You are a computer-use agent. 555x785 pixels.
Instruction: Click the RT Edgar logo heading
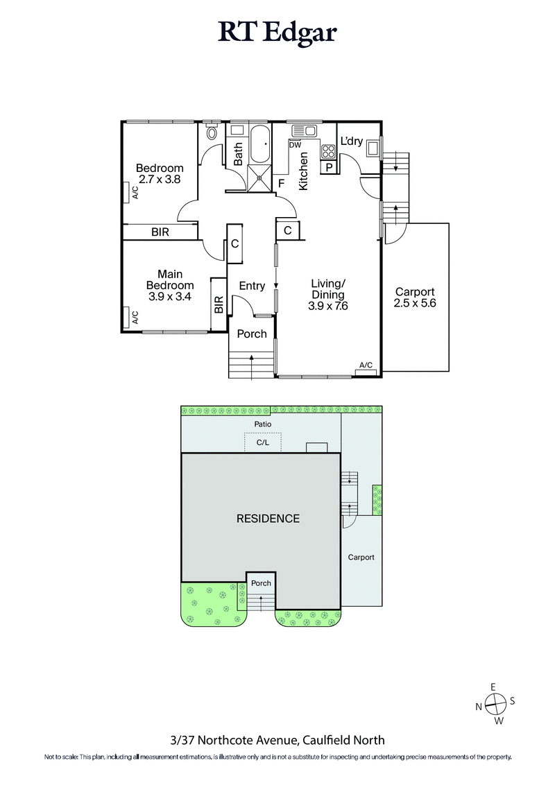pyautogui.click(x=277, y=33)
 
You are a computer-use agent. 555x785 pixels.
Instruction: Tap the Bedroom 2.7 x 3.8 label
pyautogui.click(x=160, y=173)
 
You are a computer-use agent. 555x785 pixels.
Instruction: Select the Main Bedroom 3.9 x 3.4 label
pyautogui.click(x=169, y=285)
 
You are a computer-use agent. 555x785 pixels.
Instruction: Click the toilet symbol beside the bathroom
pyautogui.click(x=213, y=131)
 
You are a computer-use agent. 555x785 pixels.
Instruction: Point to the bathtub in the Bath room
pyautogui.click(x=261, y=144)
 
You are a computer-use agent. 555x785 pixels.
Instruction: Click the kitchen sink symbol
pyautogui.click(x=304, y=130)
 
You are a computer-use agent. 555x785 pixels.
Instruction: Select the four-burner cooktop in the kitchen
pyautogui.click(x=328, y=151)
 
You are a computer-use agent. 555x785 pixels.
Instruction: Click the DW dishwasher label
pyautogui.click(x=295, y=146)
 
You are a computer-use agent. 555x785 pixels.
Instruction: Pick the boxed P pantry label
pyautogui.click(x=328, y=167)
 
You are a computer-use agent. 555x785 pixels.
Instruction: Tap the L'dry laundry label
pyautogui.click(x=351, y=141)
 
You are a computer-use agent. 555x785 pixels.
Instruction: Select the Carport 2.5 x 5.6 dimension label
pyautogui.click(x=415, y=297)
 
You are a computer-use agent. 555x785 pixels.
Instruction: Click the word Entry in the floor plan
pyautogui.click(x=252, y=286)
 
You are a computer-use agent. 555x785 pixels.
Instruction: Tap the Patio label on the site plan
pyautogui.click(x=262, y=424)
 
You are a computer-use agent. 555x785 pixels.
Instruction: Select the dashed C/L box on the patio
pyautogui.click(x=262, y=442)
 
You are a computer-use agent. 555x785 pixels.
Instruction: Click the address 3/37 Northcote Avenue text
pyautogui.click(x=277, y=740)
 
